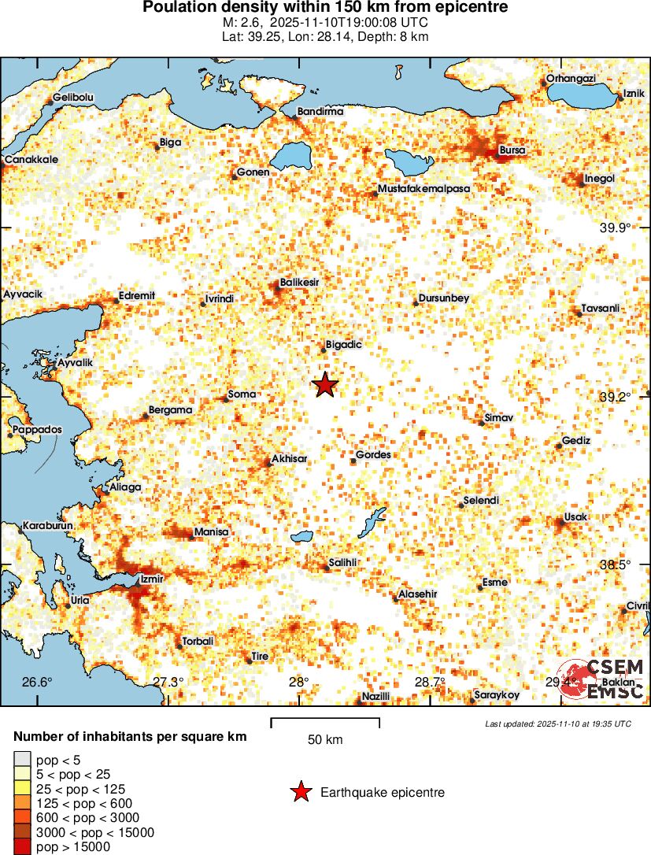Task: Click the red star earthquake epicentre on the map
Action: coord(324,385)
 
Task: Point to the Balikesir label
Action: coord(300,282)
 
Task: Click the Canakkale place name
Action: coord(31,160)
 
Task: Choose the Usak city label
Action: coord(576,516)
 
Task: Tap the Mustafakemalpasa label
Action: coord(424,189)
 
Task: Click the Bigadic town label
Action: coord(343,345)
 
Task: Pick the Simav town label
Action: coord(499,416)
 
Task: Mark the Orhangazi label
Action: coord(571,79)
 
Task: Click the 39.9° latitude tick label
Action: coord(616,228)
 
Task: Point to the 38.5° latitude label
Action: coord(616,565)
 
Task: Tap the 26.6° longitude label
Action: coord(36,682)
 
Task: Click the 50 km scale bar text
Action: coord(324,740)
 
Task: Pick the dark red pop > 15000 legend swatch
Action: coord(22,847)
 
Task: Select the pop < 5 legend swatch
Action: coord(22,760)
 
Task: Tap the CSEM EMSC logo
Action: coord(603,679)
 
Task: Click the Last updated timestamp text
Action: coord(557,724)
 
